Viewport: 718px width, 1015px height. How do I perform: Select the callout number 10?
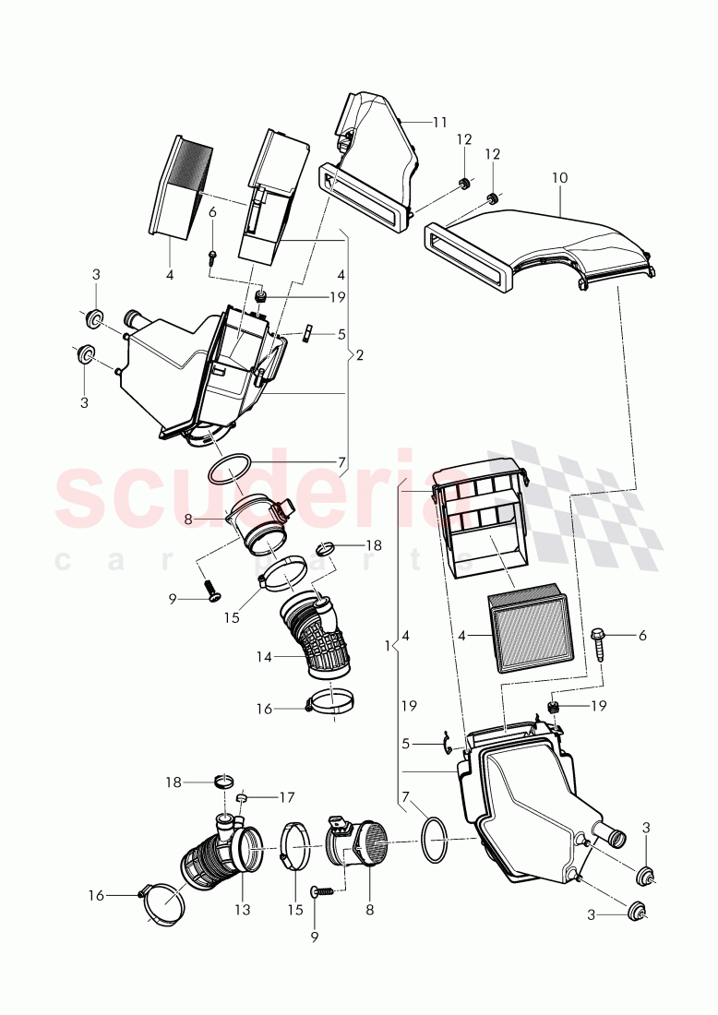pyautogui.click(x=560, y=176)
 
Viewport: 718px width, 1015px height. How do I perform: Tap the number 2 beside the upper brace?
pyautogui.click(x=360, y=354)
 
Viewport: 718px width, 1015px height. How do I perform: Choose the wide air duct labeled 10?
pyautogui.click(x=544, y=245)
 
